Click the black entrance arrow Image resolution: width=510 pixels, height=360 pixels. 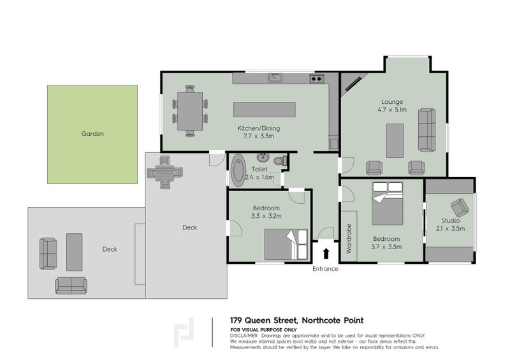pos(326,254)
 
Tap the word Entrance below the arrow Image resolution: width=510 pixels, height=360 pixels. pos(325,269)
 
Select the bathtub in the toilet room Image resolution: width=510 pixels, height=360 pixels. pos(238,169)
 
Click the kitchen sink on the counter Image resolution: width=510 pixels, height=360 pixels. pos(275,78)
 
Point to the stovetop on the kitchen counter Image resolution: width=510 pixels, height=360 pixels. pos(316,79)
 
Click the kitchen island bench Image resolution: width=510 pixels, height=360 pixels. pos(265,110)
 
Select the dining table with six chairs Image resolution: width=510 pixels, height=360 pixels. pos(190,111)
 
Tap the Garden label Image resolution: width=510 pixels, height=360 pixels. pos(92,134)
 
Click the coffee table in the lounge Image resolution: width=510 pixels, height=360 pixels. pos(395,140)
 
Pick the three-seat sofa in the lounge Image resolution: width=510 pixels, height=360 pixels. pos(426,129)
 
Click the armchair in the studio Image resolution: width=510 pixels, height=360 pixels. pos(459,208)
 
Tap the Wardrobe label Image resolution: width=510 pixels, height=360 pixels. pos(349,239)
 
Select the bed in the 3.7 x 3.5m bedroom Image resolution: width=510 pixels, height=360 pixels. pos(388,202)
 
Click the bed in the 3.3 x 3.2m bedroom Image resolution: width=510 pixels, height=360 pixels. pos(286,244)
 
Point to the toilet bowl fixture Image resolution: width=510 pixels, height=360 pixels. pos(279,162)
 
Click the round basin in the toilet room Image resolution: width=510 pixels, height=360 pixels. pos(263,157)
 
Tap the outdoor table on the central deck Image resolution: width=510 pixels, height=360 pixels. pos(165,172)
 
